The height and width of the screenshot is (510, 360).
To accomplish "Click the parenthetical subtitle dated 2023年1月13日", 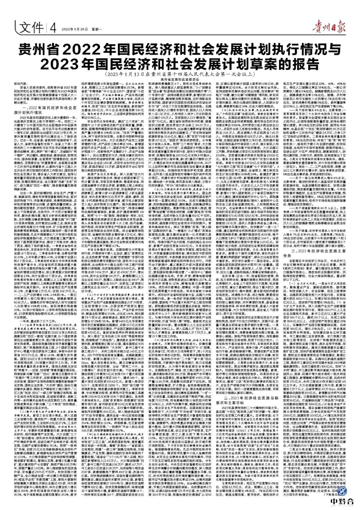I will (180, 75).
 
